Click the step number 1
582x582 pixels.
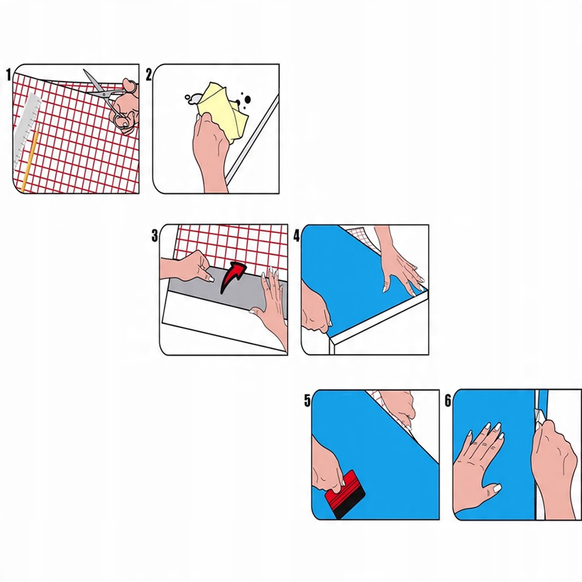pyautogui.click(x=9, y=75)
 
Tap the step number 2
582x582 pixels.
pyautogui.click(x=149, y=75)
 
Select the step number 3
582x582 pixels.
pyautogui.click(x=155, y=236)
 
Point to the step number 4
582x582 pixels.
pyautogui.click(x=297, y=236)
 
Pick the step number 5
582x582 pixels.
pyautogui.click(x=307, y=401)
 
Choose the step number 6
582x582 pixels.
pyautogui.click(x=448, y=401)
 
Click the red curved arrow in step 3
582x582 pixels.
pyautogui.click(x=233, y=277)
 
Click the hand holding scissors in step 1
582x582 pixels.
pyautogui.click(x=126, y=107)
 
